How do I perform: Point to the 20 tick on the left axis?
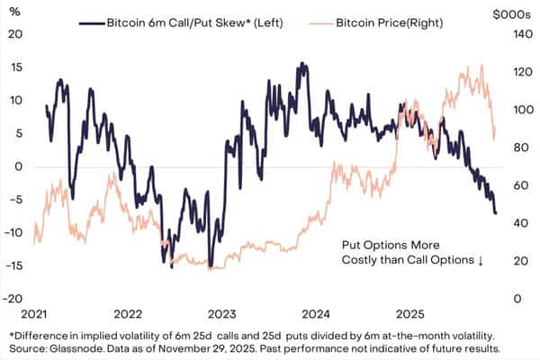click(13, 34)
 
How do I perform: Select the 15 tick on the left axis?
click(13, 67)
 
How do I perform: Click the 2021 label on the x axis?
click(33, 314)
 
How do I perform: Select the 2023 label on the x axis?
click(221, 314)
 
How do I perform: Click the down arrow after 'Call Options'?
click(481, 260)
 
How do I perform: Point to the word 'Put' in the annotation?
click(352, 245)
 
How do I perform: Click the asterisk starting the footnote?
click(10, 333)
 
